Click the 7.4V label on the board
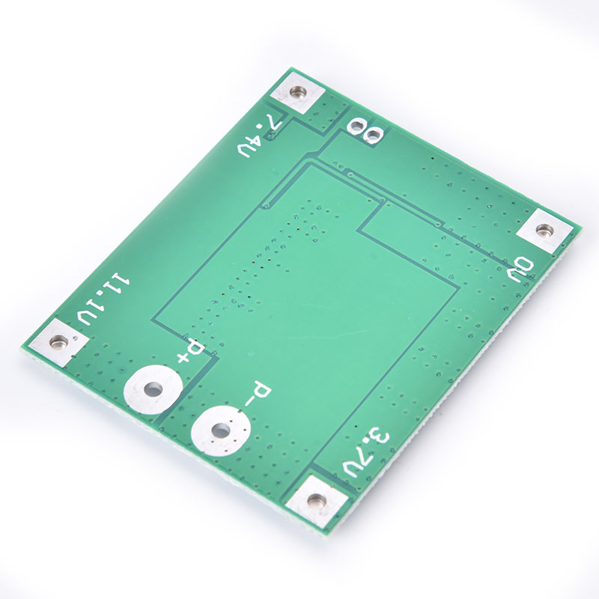point(260,135)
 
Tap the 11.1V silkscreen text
point(103,299)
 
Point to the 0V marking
point(520,270)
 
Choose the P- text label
point(258,394)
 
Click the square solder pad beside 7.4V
point(297,92)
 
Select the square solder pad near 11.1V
point(58,341)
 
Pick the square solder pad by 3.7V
point(316,499)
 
